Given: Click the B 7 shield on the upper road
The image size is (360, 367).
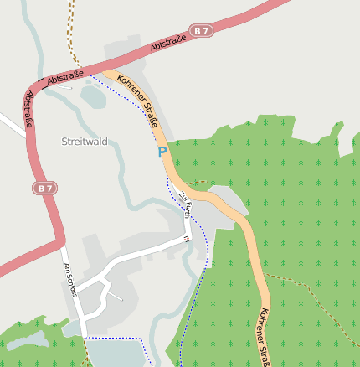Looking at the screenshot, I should point(201,31).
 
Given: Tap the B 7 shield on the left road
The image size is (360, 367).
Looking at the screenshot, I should point(44,189).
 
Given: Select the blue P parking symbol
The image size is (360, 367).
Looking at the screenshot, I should point(162,152).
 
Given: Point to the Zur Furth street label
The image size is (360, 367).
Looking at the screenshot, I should point(184,204).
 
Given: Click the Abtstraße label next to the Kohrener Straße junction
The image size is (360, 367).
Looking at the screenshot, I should point(65,77).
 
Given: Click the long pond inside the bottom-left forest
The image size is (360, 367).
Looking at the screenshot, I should point(27,339).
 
